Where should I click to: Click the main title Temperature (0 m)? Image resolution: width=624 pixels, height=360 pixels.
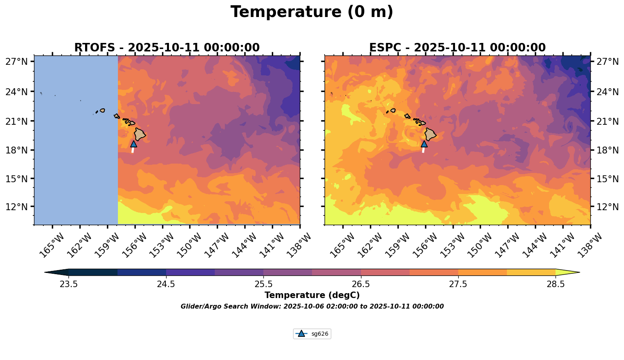[312, 12]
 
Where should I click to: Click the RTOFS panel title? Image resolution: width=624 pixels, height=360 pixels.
[167, 48]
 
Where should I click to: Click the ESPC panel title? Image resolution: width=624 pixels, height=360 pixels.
[457, 48]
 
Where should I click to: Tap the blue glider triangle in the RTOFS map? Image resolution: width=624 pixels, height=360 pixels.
[134, 144]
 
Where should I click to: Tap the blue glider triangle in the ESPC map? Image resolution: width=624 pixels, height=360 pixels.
[424, 144]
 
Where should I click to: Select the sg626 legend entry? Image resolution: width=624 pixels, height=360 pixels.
[312, 334]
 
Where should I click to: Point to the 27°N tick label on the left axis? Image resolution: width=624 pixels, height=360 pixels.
[16, 62]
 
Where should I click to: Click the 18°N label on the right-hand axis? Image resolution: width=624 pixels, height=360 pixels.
[607, 150]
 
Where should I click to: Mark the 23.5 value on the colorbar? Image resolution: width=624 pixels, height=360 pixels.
[68, 284]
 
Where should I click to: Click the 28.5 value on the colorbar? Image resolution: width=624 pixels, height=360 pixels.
[556, 284]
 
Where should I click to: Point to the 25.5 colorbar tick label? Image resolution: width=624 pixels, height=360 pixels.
[263, 284]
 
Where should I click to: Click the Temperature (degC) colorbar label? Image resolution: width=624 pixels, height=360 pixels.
[312, 295]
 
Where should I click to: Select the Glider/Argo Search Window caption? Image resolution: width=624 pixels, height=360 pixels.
[312, 307]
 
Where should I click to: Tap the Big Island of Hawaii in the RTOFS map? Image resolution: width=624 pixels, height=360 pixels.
[140, 134]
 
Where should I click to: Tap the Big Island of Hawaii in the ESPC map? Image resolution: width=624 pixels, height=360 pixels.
[430, 134]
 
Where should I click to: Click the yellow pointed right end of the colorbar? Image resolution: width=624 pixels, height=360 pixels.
[567, 272]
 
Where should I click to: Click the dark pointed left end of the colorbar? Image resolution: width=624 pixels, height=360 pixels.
[57, 272]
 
